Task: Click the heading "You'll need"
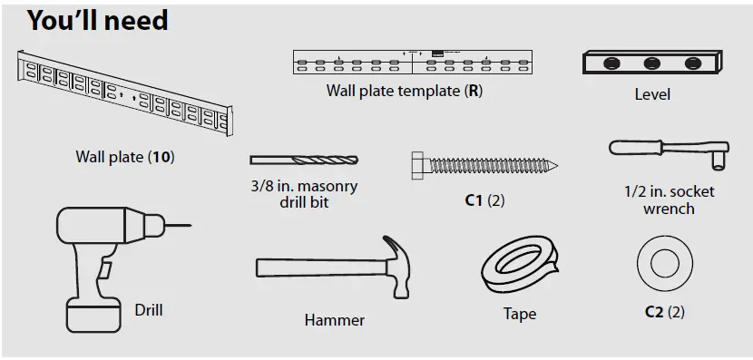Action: coord(98,20)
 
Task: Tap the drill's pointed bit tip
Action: coord(191,225)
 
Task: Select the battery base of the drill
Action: coord(93,315)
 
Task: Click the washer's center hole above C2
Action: coord(665,263)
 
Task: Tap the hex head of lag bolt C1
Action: coord(419,166)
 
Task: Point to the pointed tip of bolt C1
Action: coord(555,166)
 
